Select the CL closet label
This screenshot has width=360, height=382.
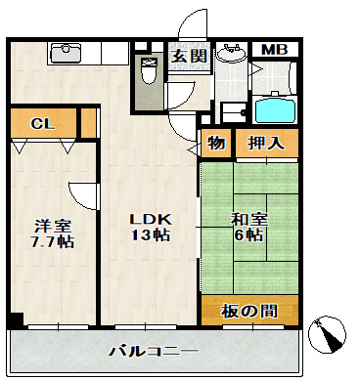coord(42,123)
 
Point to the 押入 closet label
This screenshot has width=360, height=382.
coord(265,143)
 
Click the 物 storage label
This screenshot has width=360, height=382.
coord(216,143)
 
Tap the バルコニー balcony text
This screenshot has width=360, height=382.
coord(153,350)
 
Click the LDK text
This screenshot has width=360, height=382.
coord(151,219)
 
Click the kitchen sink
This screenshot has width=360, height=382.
coord(63,55)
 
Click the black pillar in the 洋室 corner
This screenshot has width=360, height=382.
coord(15,319)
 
